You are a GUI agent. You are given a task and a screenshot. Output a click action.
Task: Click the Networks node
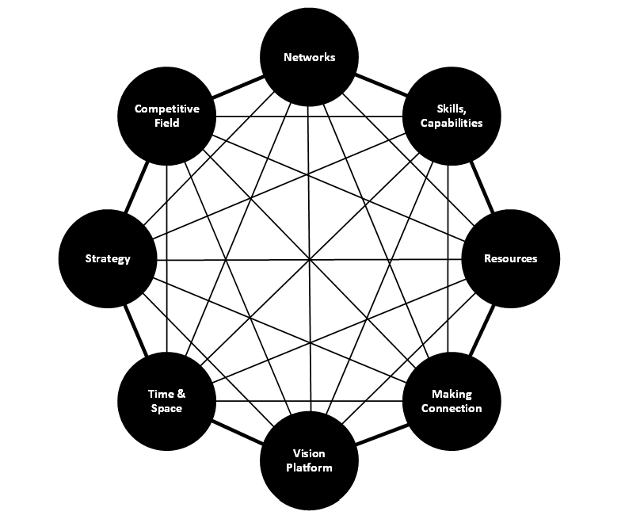tap(309, 57)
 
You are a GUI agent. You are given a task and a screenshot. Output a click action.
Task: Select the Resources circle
tap(510, 258)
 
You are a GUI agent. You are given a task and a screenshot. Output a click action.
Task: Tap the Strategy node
tap(108, 258)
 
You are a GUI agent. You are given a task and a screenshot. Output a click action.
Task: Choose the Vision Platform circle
tap(309, 460)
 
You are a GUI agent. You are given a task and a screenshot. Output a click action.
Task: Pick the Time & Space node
tap(166, 401)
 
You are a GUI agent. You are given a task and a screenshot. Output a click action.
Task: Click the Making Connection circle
tap(452, 401)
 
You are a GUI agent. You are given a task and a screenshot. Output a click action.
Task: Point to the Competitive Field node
tap(166, 116)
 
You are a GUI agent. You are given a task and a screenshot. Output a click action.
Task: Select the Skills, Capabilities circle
tap(452, 116)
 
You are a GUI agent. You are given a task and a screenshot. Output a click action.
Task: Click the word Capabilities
tap(452, 123)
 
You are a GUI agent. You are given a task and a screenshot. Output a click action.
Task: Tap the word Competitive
tap(166, 109)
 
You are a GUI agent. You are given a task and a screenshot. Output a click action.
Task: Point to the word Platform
tap(309, 468)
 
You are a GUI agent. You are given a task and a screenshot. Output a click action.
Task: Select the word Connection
tap(452, 408)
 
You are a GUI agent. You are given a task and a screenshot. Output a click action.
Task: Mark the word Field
tap(166, 123)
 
